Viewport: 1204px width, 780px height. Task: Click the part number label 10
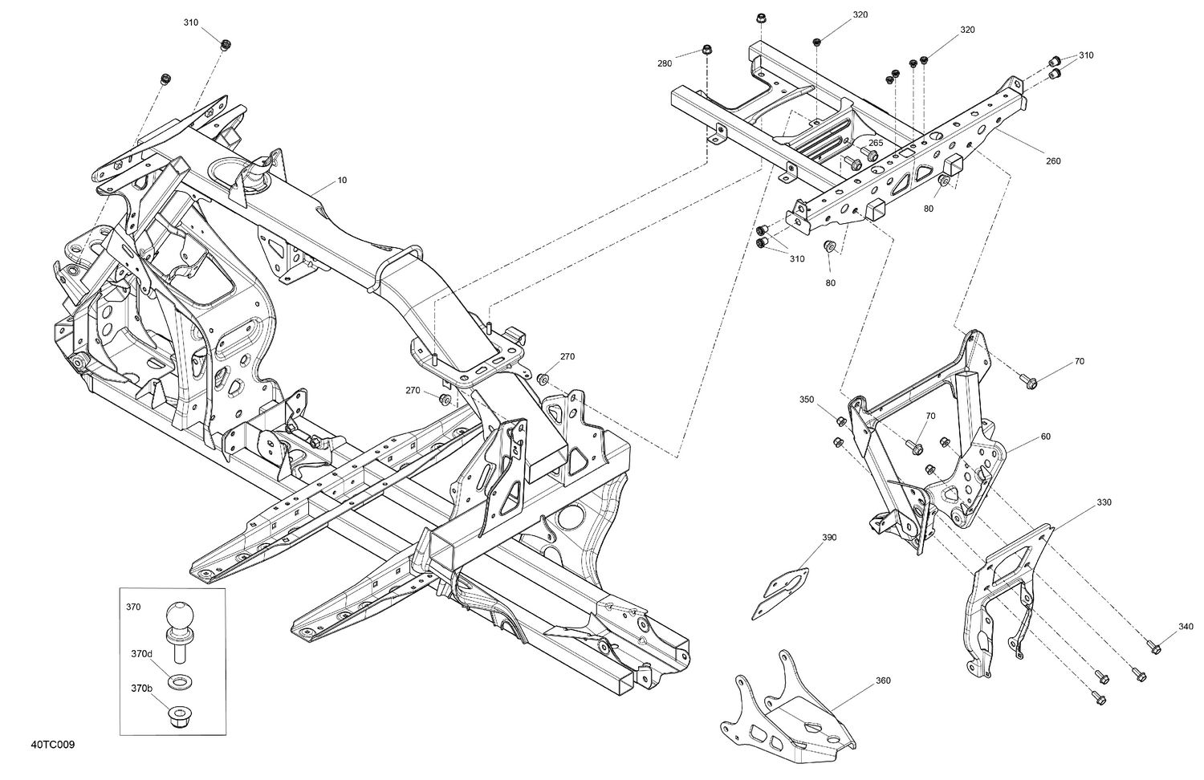point(342,181)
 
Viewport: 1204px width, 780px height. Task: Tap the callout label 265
point(876,143)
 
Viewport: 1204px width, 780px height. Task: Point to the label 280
point(665,63)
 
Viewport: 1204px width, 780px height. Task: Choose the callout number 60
point(1045,437)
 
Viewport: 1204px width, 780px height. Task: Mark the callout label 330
point(1104,502)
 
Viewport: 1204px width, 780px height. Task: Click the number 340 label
point(1186,627)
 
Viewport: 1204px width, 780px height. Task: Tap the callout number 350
point(807,399)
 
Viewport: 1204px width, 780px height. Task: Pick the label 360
point(883,680)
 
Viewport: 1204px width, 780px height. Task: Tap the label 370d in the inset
point(141,654)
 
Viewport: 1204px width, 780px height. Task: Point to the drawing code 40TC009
point(55,745)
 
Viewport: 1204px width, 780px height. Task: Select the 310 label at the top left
point(190,22)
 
